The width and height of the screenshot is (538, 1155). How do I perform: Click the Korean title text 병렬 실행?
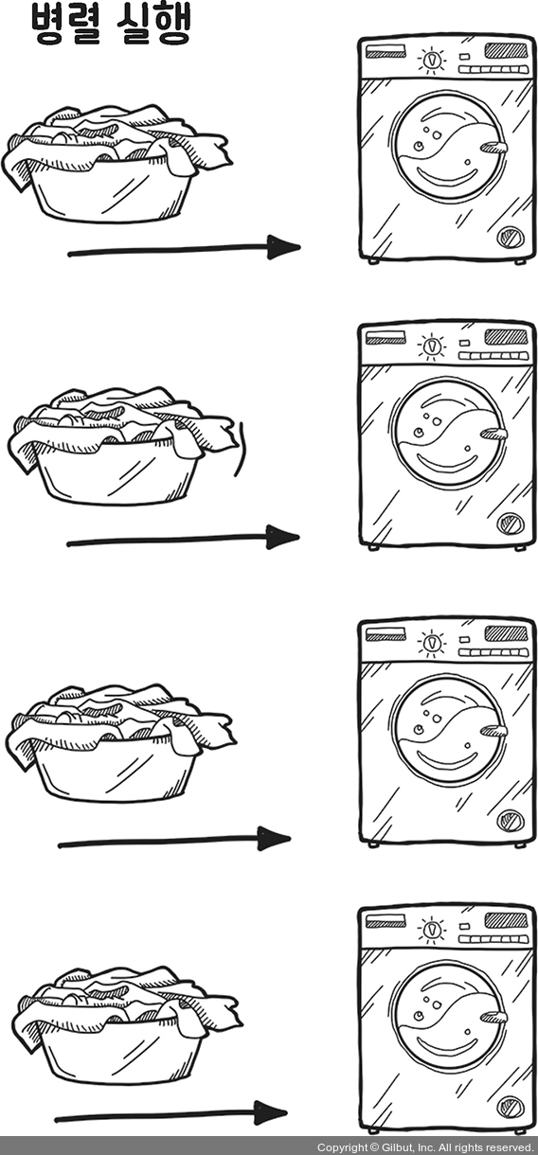click(110, 24)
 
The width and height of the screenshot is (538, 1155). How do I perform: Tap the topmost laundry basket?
click(117, 164)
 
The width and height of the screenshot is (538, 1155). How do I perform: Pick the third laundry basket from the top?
click(120, 742)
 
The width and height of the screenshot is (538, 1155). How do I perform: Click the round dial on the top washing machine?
click(431, 61)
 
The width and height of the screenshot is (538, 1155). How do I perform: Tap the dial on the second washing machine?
click(431, 346)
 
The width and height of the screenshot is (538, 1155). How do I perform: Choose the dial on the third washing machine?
click(432, 643)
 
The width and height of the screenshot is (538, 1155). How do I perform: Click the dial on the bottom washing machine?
click(431, 930)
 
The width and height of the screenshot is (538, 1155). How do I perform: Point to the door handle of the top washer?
click(493, 148)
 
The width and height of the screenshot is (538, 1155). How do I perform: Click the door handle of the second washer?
click(493, 435)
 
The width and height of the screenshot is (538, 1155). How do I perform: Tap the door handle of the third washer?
click(493, 731)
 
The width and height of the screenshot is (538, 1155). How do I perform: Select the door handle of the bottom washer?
click(493, 1018)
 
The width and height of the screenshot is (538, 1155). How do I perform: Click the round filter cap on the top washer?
click(511, 238)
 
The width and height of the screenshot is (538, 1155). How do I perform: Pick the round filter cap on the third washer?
click(511, 820)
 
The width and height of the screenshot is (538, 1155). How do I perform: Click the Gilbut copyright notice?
click(424, 1147)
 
